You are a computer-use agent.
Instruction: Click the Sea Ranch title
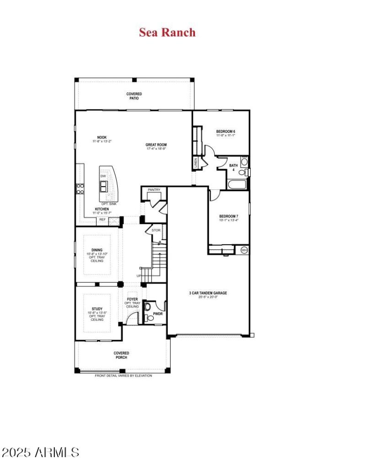pos(167,32)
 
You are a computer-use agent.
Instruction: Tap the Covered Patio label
pos(134,96)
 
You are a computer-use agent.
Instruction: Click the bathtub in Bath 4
pos(237,185)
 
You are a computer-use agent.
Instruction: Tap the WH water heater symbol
pos(244,250)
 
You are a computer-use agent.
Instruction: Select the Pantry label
pos(154,189)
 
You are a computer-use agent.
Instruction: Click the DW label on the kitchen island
pos(103,176)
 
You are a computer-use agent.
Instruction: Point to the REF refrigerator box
pos(102,220)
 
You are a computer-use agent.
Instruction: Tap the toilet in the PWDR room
pos(147,307)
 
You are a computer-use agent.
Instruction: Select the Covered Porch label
pos(121,355)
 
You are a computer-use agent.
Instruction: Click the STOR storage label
pos(156,230)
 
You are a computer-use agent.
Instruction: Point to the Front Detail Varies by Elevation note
pos(123,376)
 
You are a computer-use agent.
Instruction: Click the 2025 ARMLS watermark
pos(41,452)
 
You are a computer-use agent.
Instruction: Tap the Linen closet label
pos(195,162)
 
